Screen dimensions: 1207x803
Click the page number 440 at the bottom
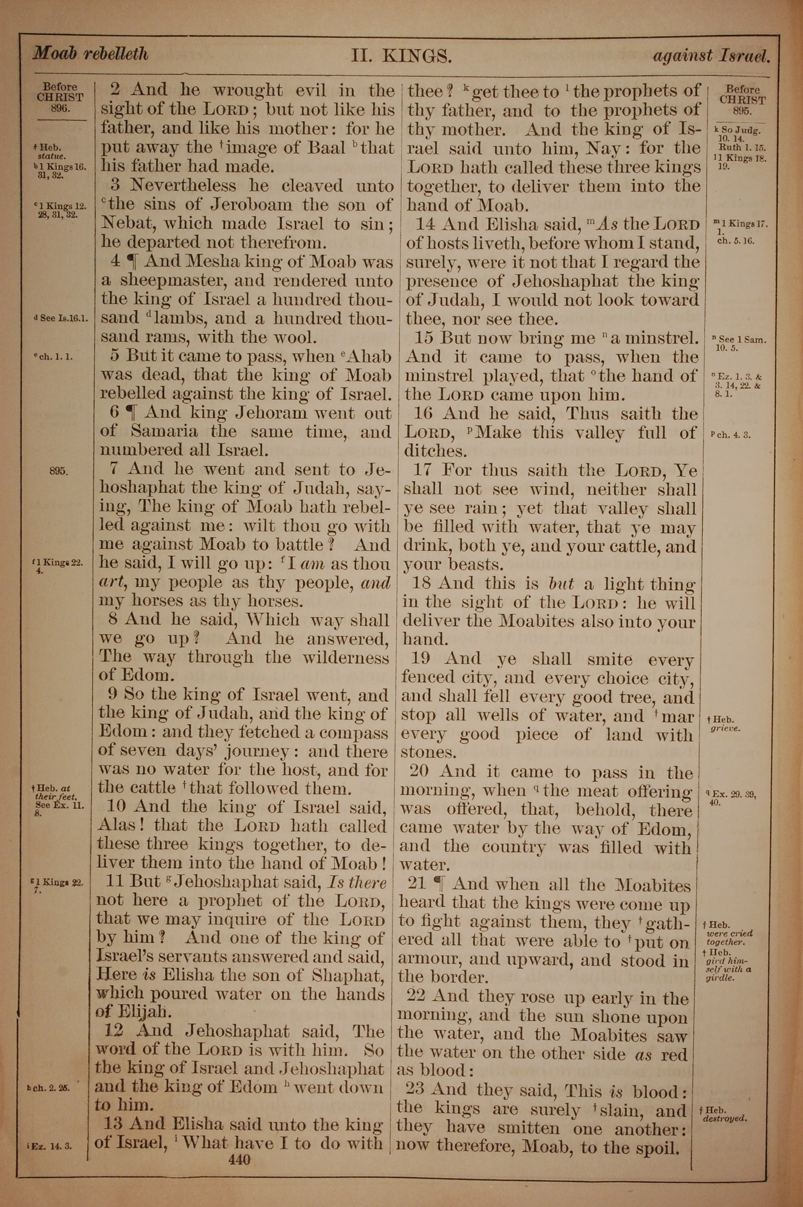click(240, 1159)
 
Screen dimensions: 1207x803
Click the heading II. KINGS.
click(401, 55)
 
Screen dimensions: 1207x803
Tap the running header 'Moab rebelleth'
click(91, 53)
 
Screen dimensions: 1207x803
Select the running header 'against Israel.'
click(711, 55)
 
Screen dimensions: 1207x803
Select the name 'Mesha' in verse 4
click(212, 262)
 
